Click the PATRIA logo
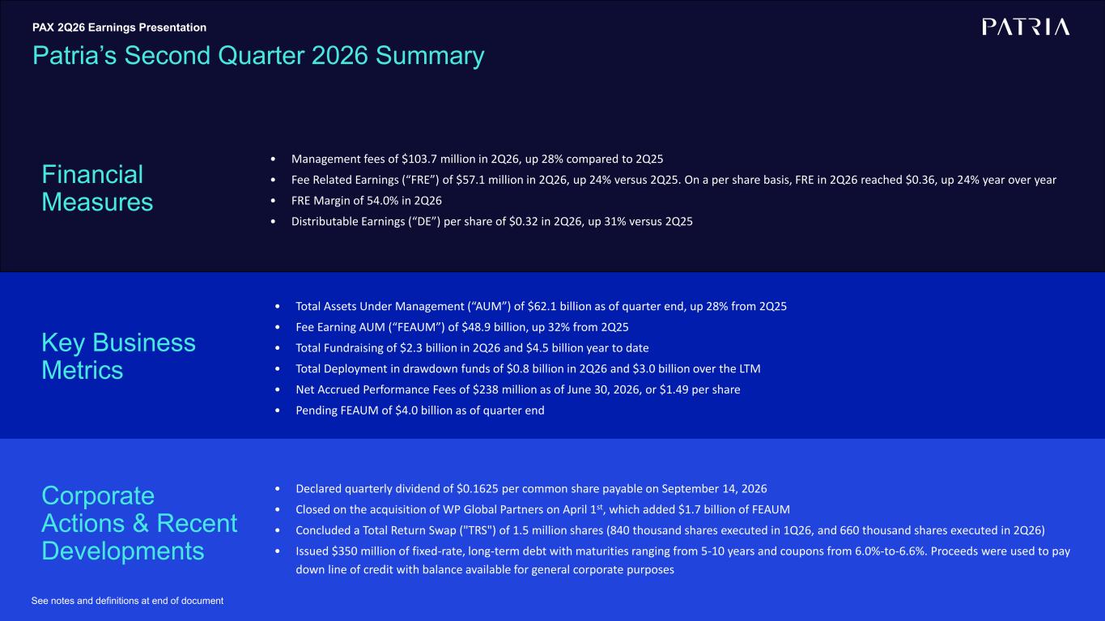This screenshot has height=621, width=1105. tap(1026, 28)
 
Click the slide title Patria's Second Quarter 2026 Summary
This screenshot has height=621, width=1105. tap(258, 55)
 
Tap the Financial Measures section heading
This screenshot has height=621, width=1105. tap(97, 189)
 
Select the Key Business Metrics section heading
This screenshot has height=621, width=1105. tap(118, 356)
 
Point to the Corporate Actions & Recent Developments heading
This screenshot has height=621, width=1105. tap(139, 523)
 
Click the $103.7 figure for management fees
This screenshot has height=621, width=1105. tap(419, 160)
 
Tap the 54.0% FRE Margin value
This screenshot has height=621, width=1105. tap(381, 201)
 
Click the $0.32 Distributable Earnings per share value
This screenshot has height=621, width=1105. tap(523, 222)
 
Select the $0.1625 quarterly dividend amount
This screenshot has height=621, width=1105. tap(478, 489)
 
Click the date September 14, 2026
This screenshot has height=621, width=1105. tap(714, 489)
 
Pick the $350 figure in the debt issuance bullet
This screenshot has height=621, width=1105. tap(344, 551)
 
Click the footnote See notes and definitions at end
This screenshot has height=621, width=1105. tap(127, 601)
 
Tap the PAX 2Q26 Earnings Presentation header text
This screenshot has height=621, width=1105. tap(119, 28)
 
